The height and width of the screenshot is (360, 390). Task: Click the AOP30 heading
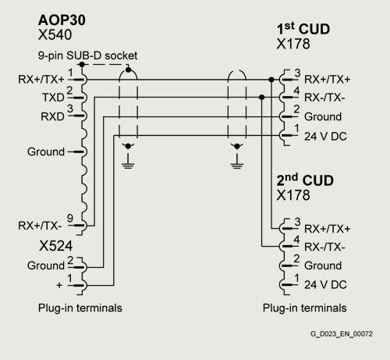click(62, 20)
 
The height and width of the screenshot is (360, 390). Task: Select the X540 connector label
click(55, 35)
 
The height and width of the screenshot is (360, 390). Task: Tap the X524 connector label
click(55, 246)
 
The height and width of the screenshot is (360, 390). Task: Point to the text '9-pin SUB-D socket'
click(87, 55)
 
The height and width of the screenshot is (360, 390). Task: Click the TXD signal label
click(53, 98)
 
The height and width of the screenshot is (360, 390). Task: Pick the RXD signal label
click(52, 116)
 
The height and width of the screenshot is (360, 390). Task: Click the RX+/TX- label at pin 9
click(40, 226)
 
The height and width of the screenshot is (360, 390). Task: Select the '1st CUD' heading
click(303, 29)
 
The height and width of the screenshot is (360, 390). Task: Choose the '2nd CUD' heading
click(305, 180)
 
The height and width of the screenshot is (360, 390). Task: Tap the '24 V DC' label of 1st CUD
click(325, 137)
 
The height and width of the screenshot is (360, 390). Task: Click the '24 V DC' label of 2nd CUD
click(325, 284)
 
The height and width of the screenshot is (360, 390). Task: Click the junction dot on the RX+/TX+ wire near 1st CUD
click(271, 80)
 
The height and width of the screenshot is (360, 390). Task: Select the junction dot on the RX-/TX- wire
click(262, 98)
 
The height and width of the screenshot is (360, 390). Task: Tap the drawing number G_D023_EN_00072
click(342, 333)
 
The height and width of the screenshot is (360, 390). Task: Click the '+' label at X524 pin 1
click(59, 285)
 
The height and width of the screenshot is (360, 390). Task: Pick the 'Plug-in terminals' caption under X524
click(80, 308)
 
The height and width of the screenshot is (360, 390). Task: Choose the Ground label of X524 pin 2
click(46, 266)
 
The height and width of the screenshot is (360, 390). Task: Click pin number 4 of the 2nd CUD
click(296, 239)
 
